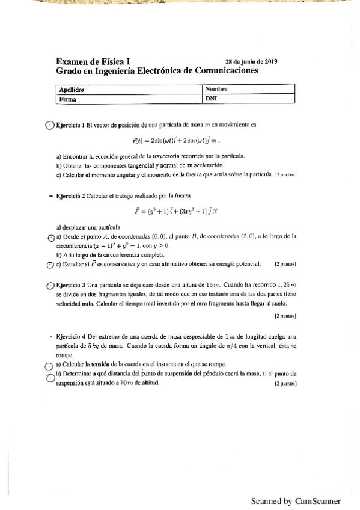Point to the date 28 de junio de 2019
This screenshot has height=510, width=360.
coord(251,61)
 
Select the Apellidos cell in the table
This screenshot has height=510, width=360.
coord(70,90)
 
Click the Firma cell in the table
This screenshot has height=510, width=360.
coord(67,100)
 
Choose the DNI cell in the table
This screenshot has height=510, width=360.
coord(210,100)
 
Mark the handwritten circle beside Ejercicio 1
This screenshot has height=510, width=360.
coord(50,126)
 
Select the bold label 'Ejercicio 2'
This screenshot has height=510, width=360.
coord(71,195)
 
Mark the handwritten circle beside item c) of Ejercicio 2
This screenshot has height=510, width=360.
coord(50,264)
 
